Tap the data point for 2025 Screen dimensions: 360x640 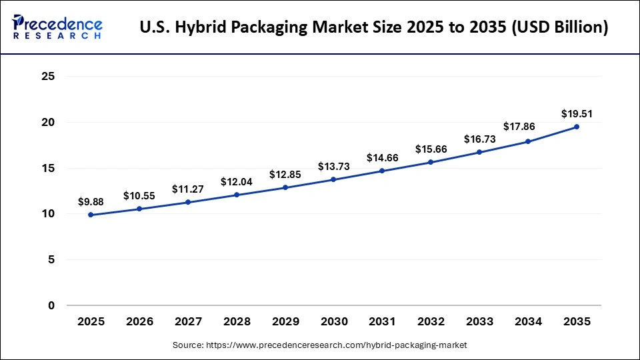pos(91,215)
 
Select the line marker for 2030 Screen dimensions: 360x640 pos(333,179)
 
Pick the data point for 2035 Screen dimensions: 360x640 pos(577,127)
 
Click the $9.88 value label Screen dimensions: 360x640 pos(91,201)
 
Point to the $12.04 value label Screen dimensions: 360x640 pos(236,181)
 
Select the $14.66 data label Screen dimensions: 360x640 pos(382,157)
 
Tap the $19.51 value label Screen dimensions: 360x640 pos(577,113)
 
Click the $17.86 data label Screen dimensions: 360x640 pos(528,127)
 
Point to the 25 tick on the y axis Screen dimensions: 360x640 pos(47,77)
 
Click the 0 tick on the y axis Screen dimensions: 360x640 pos(51,305)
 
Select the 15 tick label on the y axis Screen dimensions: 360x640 pos(47,168)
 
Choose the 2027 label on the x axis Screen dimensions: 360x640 pos(188,321)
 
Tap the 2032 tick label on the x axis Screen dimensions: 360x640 pos(431,321)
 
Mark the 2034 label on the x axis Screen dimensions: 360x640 pos(528,321)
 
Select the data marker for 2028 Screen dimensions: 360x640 pos(236,195)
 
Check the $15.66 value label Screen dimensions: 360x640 pos(431,148)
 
